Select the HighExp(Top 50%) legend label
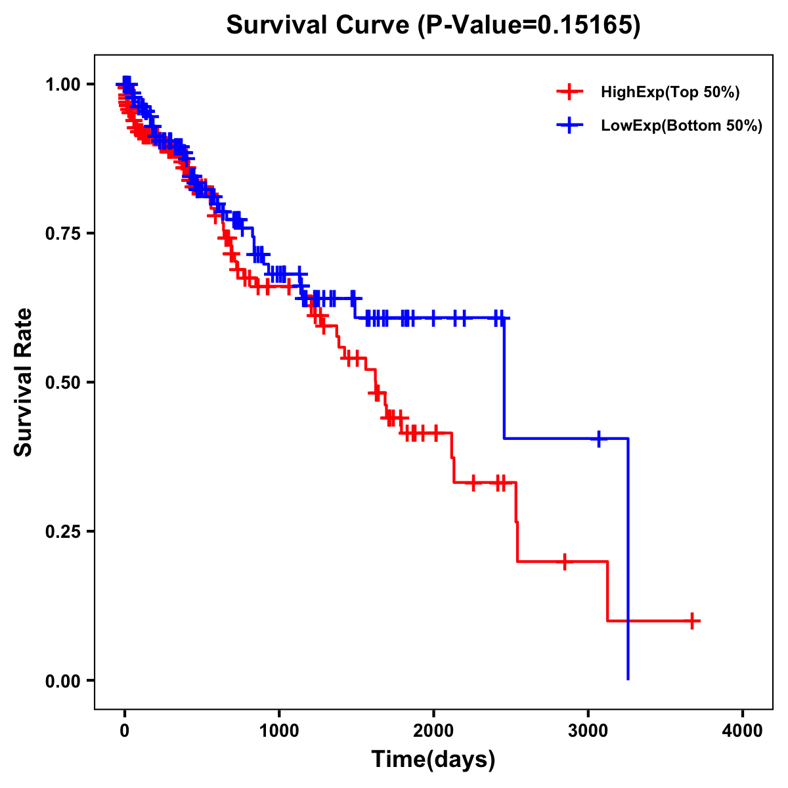tap(670, 93)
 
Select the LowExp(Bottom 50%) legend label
tap(682, 126)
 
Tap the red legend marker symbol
tap(569, 93)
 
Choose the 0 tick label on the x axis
tap(124, 731)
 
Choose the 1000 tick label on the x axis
tap(279, 731)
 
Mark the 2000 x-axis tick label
tap(433, 731)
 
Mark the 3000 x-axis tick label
tap(588, 731)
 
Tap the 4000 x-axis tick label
tap(743, 731)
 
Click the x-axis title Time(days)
tap(433, 760)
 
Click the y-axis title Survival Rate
tap(24, 382)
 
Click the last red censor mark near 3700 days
tap(692, 621)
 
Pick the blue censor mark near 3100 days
tap(599, 439)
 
